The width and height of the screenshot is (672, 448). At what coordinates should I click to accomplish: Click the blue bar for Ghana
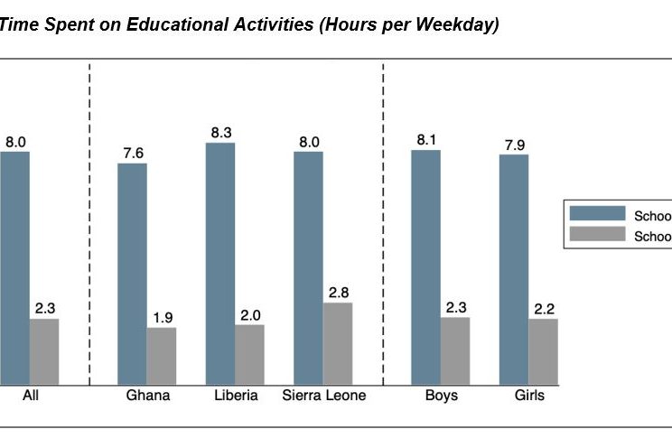(x=132, y=274)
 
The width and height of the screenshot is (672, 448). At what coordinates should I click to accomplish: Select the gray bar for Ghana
(x=162, y=356)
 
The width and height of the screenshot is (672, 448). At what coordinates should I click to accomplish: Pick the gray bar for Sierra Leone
(x=338, y=343)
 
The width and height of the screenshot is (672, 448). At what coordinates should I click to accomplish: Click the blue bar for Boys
(x=425, y=267)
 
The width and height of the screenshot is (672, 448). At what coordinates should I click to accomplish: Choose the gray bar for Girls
(x=543, y=351)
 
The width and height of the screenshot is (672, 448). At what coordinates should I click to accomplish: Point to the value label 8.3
(x=220, y=133)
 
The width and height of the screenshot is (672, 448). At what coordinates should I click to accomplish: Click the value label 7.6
(x=133, y=153)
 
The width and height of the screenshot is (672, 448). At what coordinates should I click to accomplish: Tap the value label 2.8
(x=338, y=292)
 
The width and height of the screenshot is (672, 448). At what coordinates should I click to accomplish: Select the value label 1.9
(x=162, y=317)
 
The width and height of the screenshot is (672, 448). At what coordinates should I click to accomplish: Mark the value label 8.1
(x=425, y=140)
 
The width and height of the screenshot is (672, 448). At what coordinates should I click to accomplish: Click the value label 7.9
(x=513, y=145)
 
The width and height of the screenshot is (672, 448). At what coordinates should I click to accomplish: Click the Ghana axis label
(x=147, y=396)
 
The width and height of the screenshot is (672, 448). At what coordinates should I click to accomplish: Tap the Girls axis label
(x=528, y=396)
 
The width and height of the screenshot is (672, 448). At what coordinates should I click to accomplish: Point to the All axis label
(x=30, y=396)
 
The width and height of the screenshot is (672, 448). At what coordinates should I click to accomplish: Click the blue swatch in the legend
(x=596, y=213)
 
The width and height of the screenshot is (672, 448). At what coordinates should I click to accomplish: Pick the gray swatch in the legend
(x=596, y=235)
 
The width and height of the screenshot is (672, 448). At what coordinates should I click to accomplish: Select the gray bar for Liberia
(x=249, y=354)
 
